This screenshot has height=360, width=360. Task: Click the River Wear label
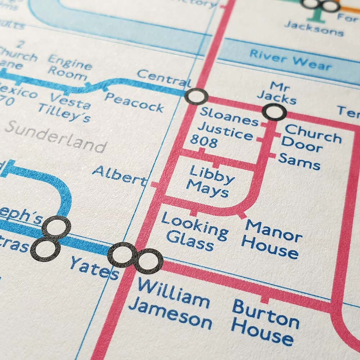pyautogui.click(x=290, y=60)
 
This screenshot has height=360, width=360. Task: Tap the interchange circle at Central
pyautogui.click(x=196, y=96)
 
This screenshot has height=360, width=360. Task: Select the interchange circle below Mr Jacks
pyautogui.click(x=274, y=112)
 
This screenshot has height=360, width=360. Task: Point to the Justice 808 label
pyautogui.click(x=221, y=135)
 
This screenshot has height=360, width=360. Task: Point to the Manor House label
pyautogui.click(x=273, y=239)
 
